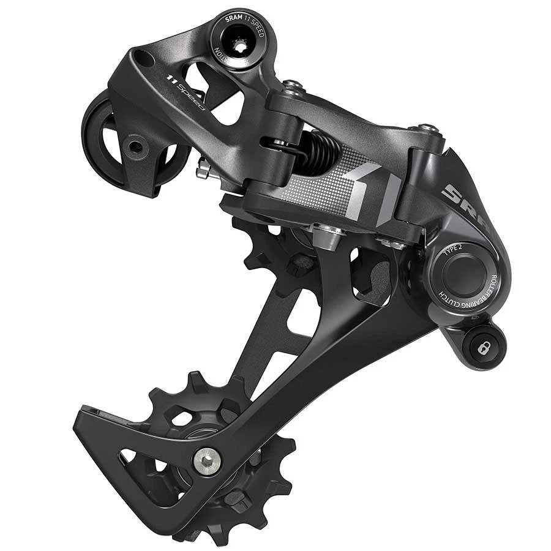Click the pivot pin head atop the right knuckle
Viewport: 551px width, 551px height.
click(x=429, y=129)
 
